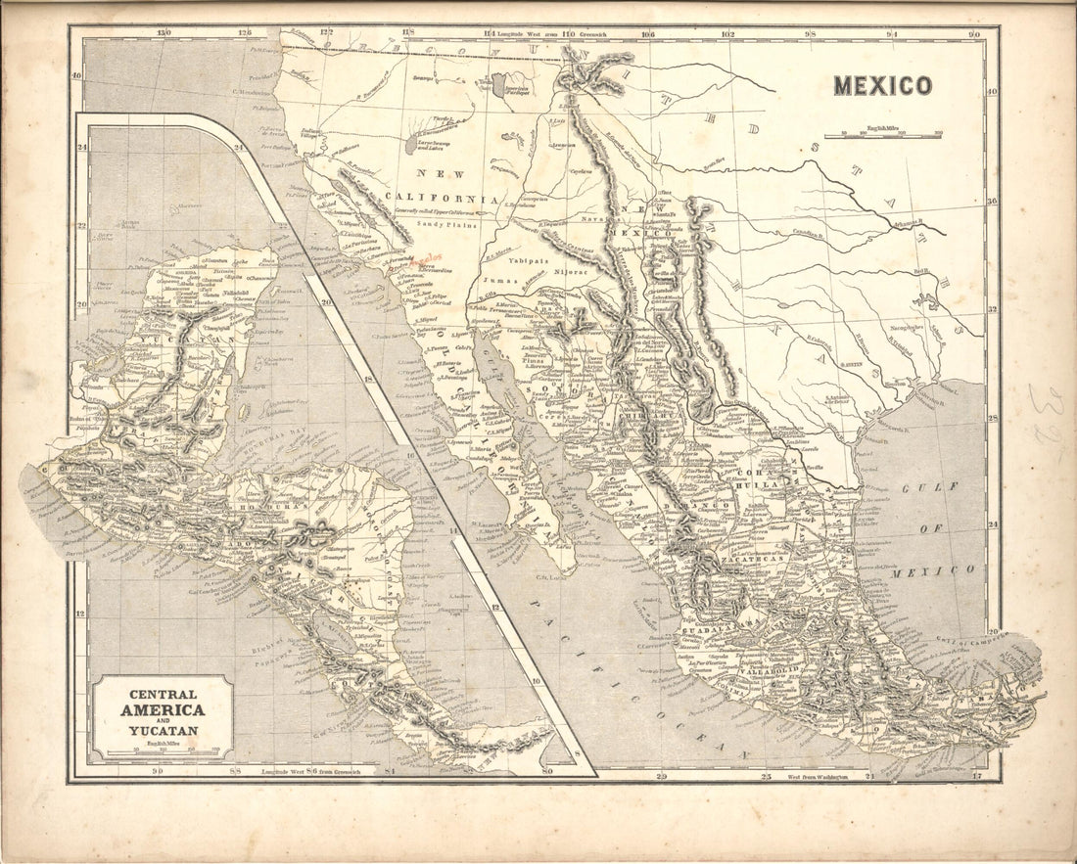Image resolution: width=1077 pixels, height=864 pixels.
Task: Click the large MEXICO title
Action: coord(882,86)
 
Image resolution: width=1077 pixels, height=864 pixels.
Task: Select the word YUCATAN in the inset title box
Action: coord(163,731)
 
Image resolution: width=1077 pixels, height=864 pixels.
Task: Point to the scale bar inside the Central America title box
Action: coord(163,751)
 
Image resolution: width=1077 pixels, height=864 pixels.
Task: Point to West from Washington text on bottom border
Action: coord(804,776)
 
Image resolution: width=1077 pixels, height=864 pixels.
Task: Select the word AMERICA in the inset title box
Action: coord(163,710)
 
